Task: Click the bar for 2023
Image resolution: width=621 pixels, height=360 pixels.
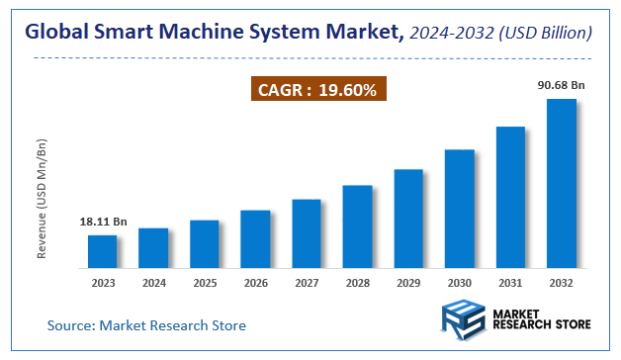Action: point(102,251)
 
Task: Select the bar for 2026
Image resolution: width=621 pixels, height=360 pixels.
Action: point(255,238)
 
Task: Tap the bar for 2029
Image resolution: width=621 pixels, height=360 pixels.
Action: point(408,219)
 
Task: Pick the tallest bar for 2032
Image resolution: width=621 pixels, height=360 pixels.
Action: point(562,183)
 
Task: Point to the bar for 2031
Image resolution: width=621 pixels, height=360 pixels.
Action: point(510,197)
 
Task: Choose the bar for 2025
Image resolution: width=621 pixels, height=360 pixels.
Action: point(204,243)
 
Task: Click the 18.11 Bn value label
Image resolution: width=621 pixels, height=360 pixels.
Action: point(102,222)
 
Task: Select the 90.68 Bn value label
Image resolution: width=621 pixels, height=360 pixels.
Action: point(562,85)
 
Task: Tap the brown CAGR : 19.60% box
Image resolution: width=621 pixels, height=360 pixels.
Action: point(316,90)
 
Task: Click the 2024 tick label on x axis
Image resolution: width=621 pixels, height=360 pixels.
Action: point(153,283)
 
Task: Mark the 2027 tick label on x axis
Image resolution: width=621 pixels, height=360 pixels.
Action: point(307,283)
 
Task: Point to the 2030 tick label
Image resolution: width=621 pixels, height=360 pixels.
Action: point(460,283)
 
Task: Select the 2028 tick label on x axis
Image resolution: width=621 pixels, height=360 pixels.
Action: point(357,283)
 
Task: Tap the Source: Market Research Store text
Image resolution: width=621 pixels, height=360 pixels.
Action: point(146,324)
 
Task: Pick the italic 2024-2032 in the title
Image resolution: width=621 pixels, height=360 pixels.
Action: point(450,34)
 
